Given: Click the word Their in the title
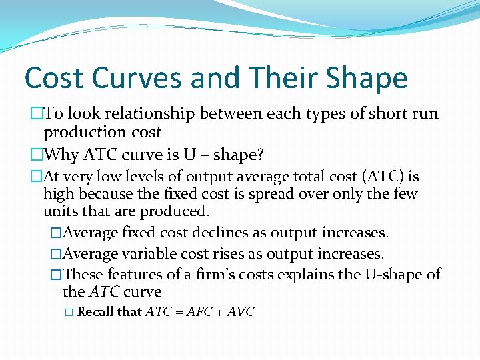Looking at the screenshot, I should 284,78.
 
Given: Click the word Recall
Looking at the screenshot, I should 95,312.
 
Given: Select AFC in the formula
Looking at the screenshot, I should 199,312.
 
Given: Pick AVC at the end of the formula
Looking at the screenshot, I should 240,312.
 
